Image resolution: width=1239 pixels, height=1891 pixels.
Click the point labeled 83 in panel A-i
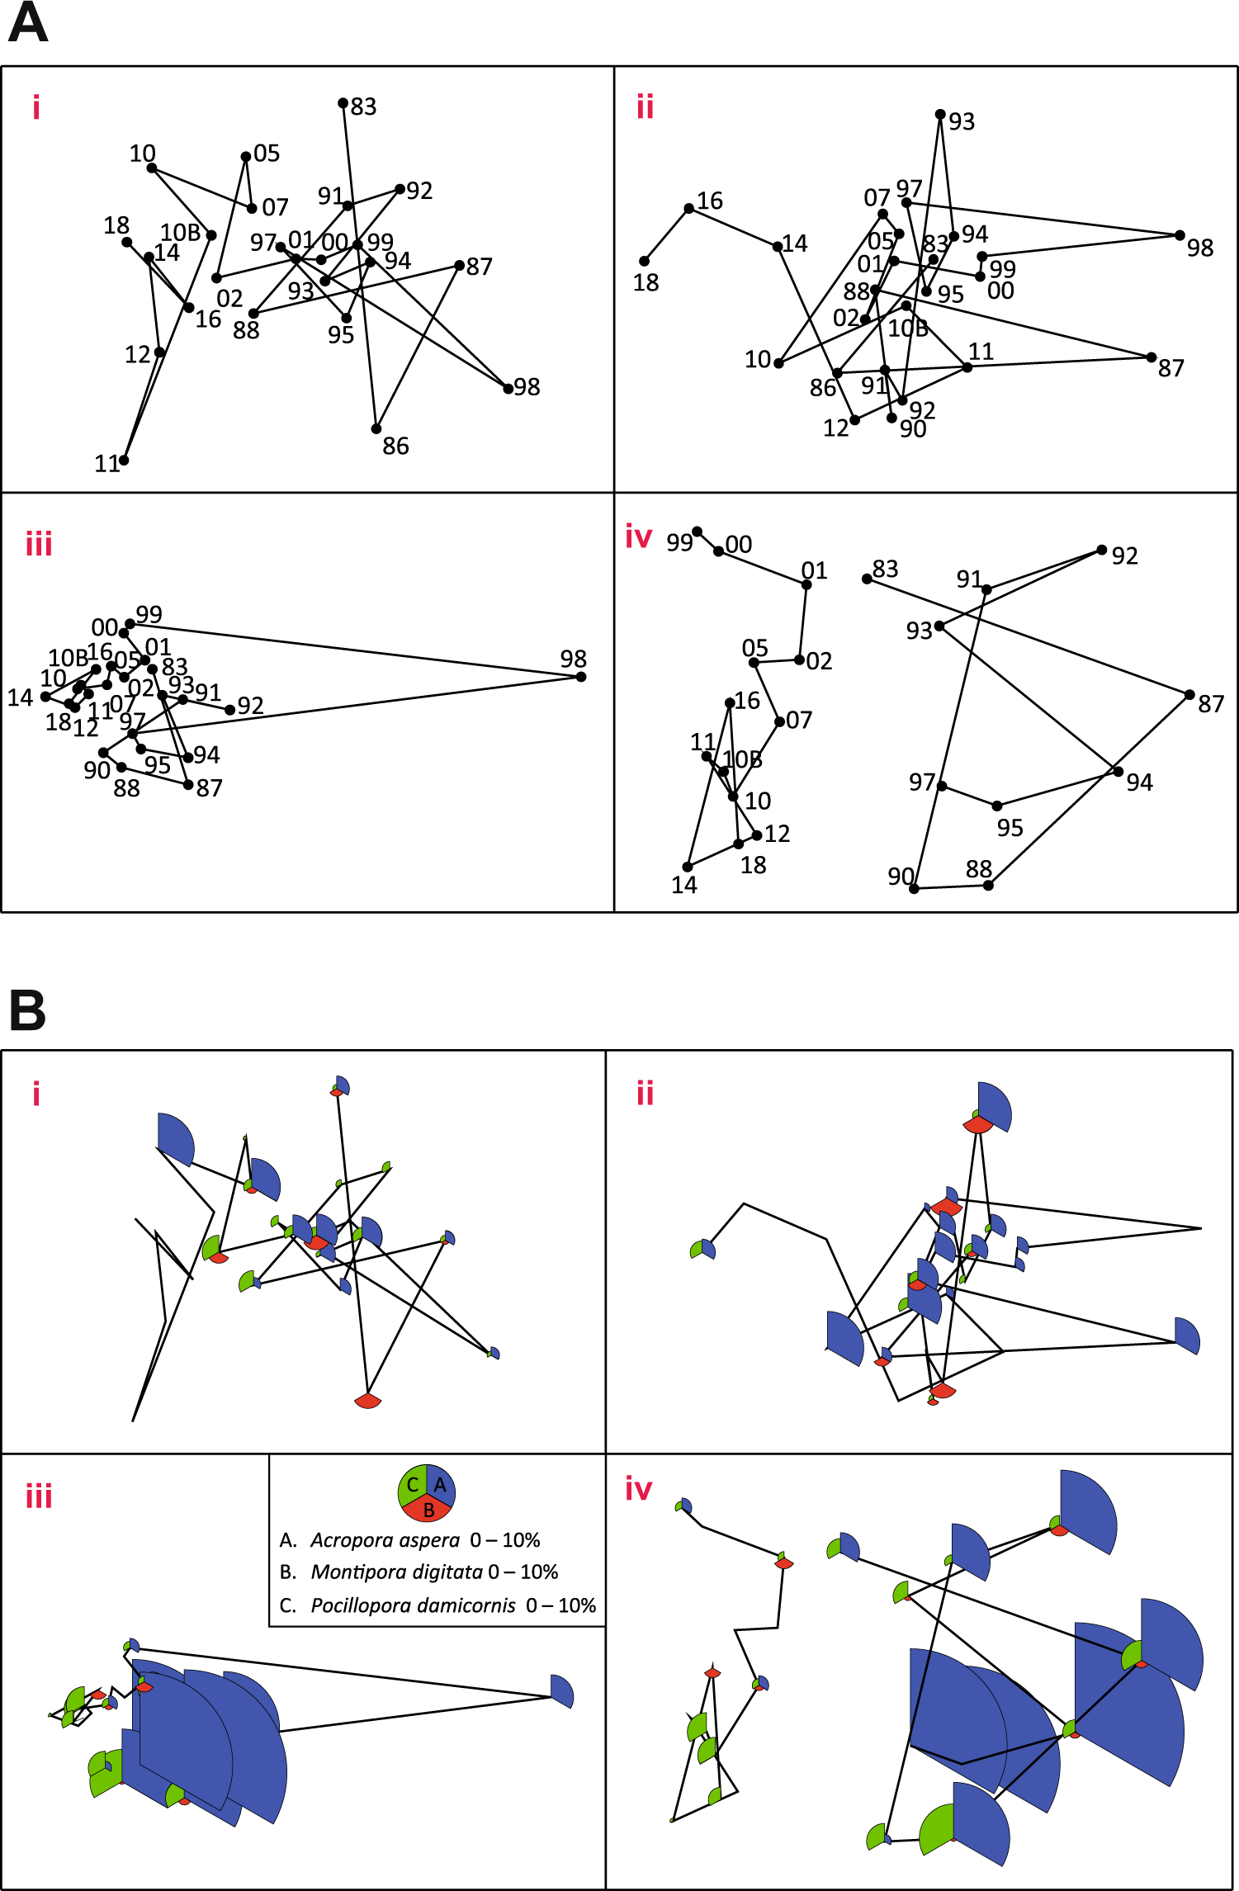[x=343, y=103]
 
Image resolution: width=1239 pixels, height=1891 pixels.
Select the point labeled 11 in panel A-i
[x=124, y=460]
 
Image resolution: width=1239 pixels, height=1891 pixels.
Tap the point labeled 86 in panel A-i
[x=376, y=428]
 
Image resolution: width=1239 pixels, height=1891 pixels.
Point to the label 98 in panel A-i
[x=527, y=387]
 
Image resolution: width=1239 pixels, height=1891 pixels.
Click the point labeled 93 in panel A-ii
[x=940, y=114]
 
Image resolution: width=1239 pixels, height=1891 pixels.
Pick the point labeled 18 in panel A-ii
[x=645, y=262]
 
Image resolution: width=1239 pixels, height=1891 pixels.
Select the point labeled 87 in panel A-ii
[x=1152, y=357]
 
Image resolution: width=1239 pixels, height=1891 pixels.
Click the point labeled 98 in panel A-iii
[x=581, y=677]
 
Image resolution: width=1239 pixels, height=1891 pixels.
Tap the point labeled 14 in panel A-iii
[x=45, y=697]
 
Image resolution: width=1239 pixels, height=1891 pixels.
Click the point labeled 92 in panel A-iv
[x=1102, y=550]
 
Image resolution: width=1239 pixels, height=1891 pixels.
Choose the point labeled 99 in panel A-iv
[x=698, y=532]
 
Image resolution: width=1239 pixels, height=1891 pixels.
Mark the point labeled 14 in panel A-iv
[x=688, y=866]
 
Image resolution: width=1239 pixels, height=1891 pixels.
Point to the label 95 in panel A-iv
[x=1010, y=828]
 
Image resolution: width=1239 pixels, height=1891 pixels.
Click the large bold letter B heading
[x=28, y=1010]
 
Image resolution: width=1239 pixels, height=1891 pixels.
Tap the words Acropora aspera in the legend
[x=385, y=1540]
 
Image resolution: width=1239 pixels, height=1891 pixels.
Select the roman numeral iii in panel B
[x=39, y=1496]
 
